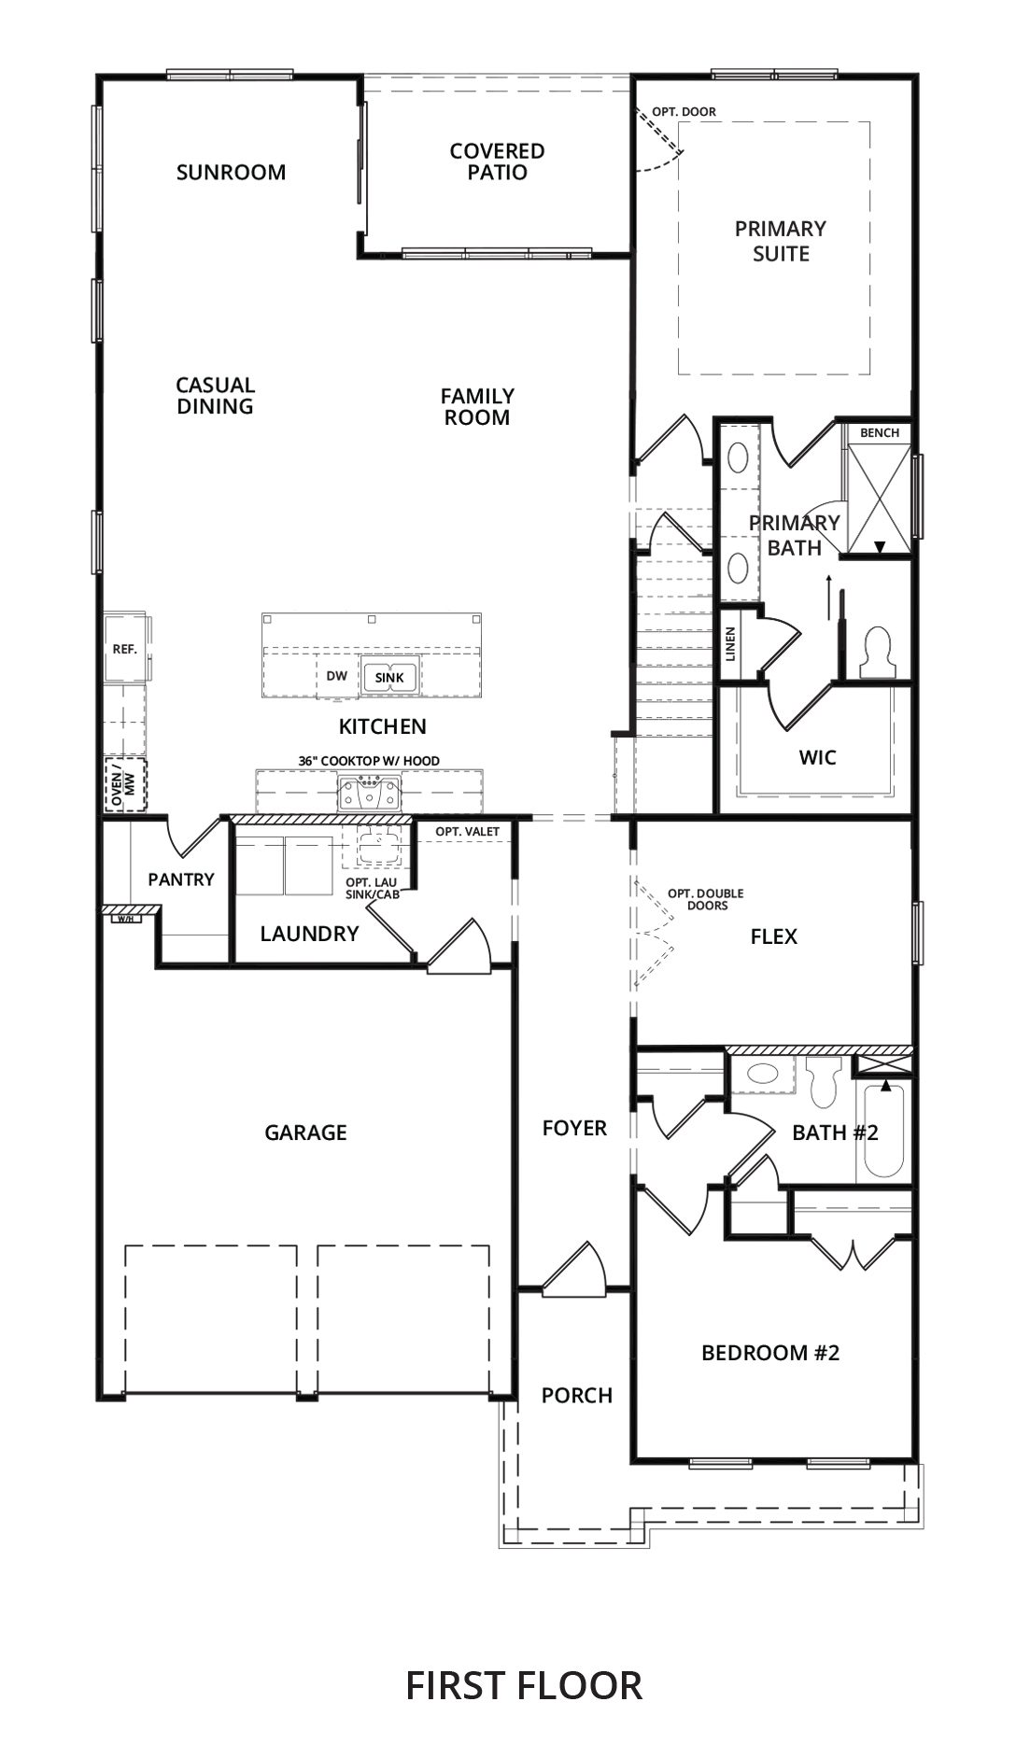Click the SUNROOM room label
pyautogui.click(x=231, y=172)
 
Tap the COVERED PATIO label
pyautogui.click(x=497, y=162)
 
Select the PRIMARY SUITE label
pyautogui.click(x=781, y=241)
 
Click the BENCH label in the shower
pyautogui.click(x=880, y=432)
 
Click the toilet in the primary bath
pyautogui.click(x=878, y=650)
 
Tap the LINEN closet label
pyautogui.click(x=731, y=644)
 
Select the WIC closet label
pyautogui.click(x=817, y=757)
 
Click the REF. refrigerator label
pyautogui.click(x=125, y=649)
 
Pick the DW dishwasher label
pyautogui.click(x=337, y=676)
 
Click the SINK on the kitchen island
pyautogui.click(x=389, y=677)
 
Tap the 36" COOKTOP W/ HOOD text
pyautogui.click(x=369, y=761)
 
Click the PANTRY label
pyautogui.click(x=181, y=879)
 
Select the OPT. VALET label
pyautogui.click(x=468, y=832)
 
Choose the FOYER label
pyautogui.click(x=574, y=1129)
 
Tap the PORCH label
pyautogui.click(x=577, y=1396)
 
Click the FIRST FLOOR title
pyautogui.click(x=524, y=1659)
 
